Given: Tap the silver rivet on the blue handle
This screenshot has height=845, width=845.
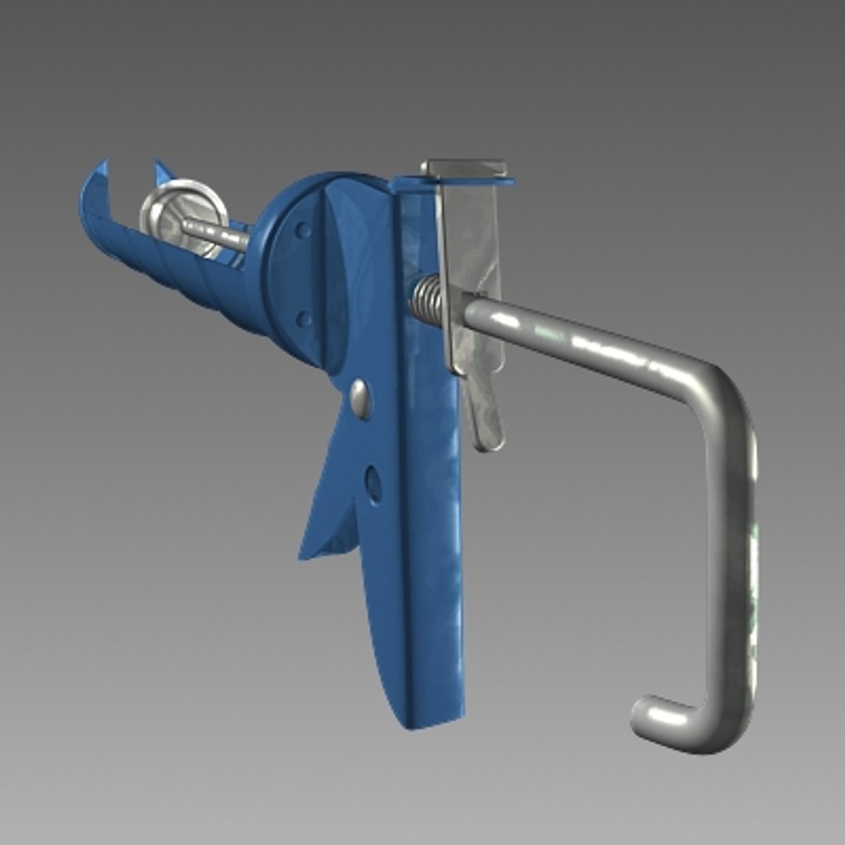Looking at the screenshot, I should click(361, 399).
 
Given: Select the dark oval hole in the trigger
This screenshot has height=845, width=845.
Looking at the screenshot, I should click(374, 485).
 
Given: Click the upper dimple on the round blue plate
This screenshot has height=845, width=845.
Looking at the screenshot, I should click(302, 230).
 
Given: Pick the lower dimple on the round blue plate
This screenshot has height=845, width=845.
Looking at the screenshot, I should click(304, 318).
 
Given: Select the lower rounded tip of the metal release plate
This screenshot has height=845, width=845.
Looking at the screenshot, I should click(488, 442).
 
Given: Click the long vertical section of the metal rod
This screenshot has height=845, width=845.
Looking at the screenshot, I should click(732, 548).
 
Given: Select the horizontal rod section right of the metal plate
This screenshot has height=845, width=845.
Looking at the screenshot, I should click(579, 336).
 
